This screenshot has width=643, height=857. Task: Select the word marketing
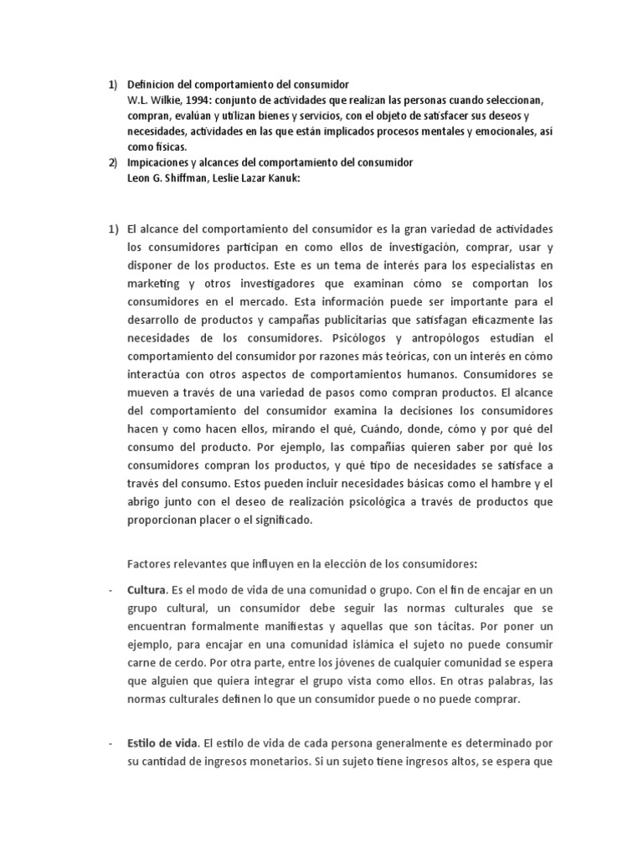tap(154, 284)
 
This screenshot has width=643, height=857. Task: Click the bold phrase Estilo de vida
tap(163, 742)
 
